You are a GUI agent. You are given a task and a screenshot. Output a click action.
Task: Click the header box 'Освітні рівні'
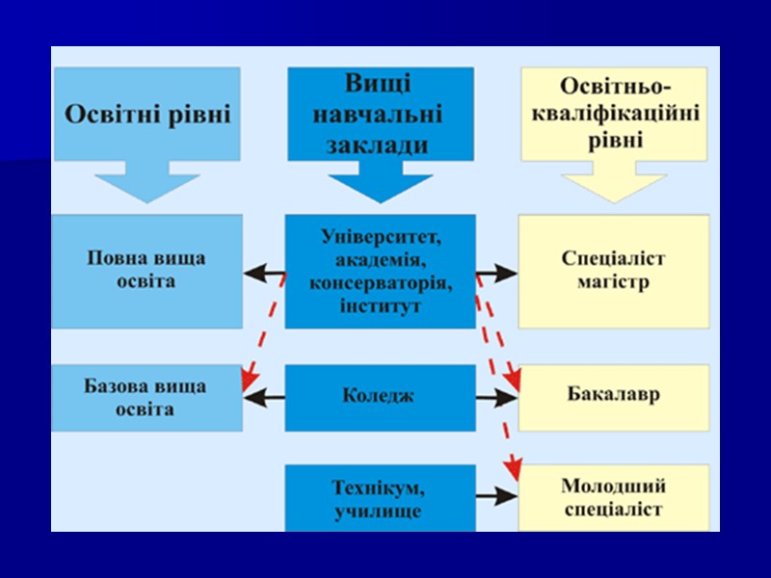coord(146,115)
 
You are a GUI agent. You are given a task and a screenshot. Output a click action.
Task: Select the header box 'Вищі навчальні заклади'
coord(380,114)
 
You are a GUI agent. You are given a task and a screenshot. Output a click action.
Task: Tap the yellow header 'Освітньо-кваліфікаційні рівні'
coord(615,114)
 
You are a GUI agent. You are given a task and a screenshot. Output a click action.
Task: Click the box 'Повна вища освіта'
coord(146,271)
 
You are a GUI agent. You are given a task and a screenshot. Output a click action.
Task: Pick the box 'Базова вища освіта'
coord(146,397)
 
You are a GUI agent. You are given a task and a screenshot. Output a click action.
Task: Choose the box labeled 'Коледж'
coord(380,396)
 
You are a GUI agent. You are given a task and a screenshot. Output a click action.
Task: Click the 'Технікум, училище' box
coord(380,498)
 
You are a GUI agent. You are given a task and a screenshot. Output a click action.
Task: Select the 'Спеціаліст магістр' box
coord(614,271)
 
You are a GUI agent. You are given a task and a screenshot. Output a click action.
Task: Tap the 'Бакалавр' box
coord(614,396)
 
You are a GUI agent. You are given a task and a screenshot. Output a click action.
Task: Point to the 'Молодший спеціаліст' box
coord(614,497)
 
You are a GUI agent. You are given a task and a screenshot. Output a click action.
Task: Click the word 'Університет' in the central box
coord(380,236)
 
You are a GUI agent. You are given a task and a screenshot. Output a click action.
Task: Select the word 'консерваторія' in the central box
coord(380,284)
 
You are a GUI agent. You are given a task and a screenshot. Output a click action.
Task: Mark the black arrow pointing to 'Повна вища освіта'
coord(264,274)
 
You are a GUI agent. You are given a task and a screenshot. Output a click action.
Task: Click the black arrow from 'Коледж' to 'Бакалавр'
coord(497,396)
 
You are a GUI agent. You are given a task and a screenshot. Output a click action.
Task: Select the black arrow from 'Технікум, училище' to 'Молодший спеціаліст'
coord(497,497)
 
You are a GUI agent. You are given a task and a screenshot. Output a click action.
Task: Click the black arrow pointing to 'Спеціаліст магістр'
coord(497,274)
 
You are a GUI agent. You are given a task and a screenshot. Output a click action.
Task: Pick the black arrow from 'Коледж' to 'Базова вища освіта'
coord(264,396)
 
